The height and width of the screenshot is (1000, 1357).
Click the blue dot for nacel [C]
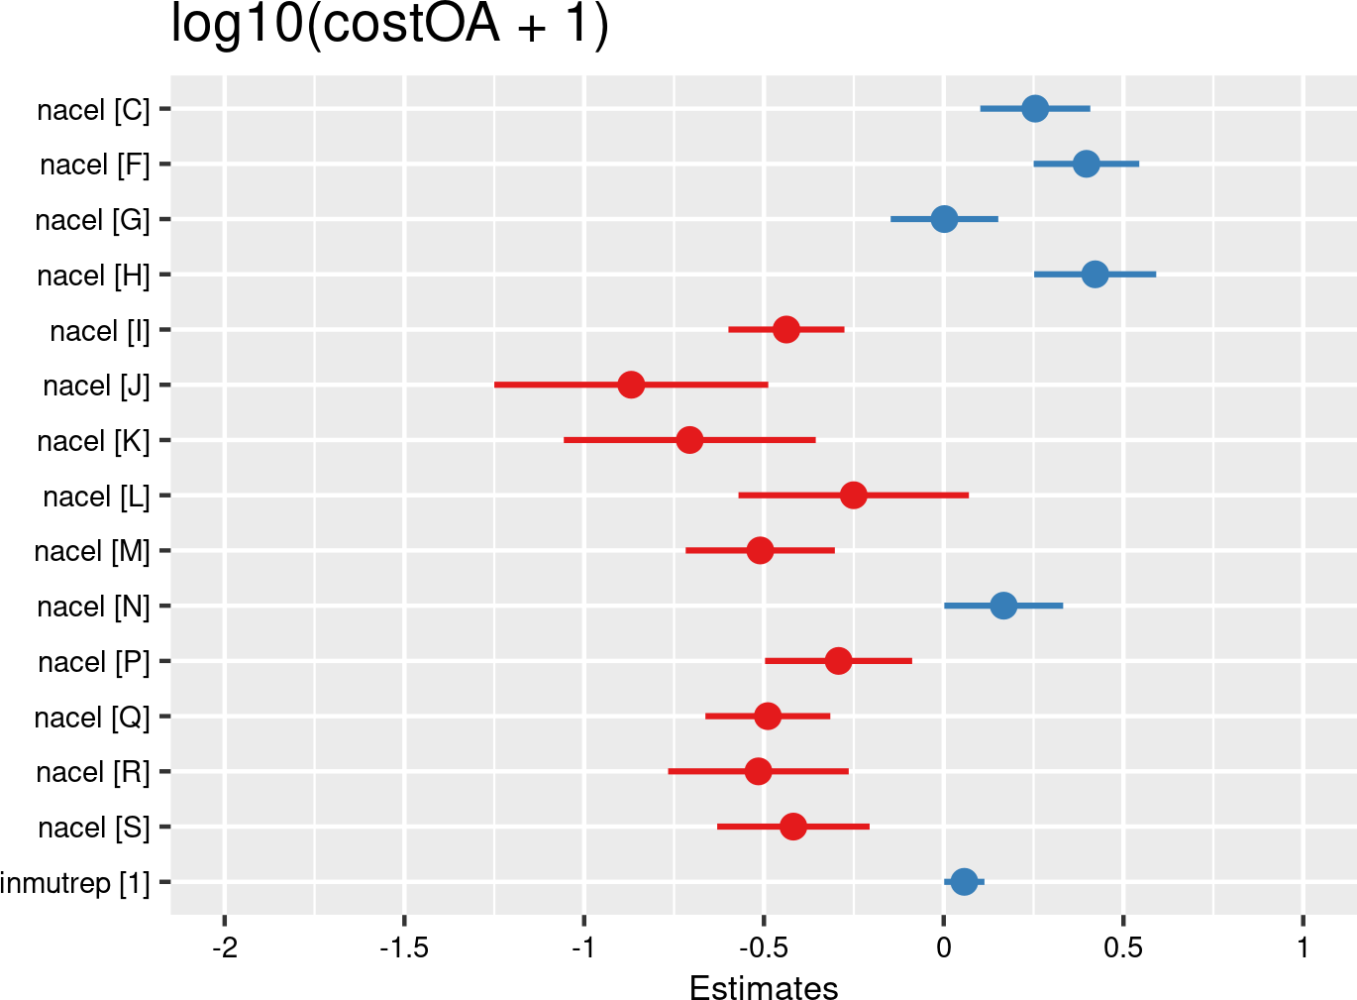(x=1035, y=108)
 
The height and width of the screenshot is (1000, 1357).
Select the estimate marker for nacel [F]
(x=1087, y=164)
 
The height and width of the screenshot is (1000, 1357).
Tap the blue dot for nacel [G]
(x=944, y=219)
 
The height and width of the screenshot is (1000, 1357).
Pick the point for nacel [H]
(x=1095, y=275)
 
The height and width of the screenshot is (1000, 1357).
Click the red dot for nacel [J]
(x=631, y=385)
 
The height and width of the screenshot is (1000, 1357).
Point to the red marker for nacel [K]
(x=689, y=440)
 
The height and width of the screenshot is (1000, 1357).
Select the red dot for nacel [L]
(x=853, y=496)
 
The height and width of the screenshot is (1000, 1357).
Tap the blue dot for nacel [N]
(x=1003, y=606)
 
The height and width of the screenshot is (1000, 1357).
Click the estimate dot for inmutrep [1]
(x=964, y=881)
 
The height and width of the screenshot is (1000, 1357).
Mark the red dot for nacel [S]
(x=792, y=827)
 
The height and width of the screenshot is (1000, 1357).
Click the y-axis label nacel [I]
(x=100, y=331)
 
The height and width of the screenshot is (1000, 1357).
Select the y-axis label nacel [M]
(x=92, y=551)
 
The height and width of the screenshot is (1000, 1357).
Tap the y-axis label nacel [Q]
(x=92, y=718)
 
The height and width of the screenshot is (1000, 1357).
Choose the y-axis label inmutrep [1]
(x=75, y=883)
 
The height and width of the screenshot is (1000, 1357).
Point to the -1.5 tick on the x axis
(x=404, y=948)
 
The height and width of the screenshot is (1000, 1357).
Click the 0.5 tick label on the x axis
(x=1123, y=948)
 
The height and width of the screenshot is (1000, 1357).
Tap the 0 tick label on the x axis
(x=944, y=948)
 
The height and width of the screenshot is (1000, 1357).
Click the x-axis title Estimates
(x=764, y=988)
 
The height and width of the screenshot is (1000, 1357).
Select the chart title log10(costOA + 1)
(x=389, y=25)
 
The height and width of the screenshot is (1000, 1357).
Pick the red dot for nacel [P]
(x=838, y=661)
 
